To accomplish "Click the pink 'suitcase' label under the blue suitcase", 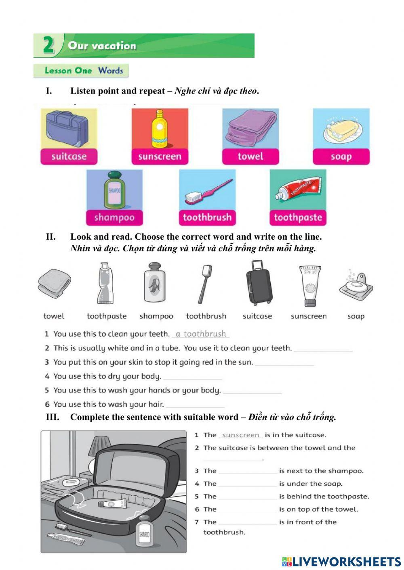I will tap(69, 157).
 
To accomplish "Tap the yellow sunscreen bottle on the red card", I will tap(160, 129).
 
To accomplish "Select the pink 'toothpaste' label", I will tap(298, 218).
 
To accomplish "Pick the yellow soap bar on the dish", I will tap(342, 130).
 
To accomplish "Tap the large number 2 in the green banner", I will tap(48, 45).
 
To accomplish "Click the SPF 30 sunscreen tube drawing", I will tap(309, 286).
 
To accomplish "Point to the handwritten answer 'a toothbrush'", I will tap(201, 334).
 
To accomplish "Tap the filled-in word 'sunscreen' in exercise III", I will tap(241, 435).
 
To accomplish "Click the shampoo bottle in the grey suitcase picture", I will tap(144, 535).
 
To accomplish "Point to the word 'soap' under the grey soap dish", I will tap(356, 316).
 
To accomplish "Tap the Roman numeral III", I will tap(53, 417).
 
